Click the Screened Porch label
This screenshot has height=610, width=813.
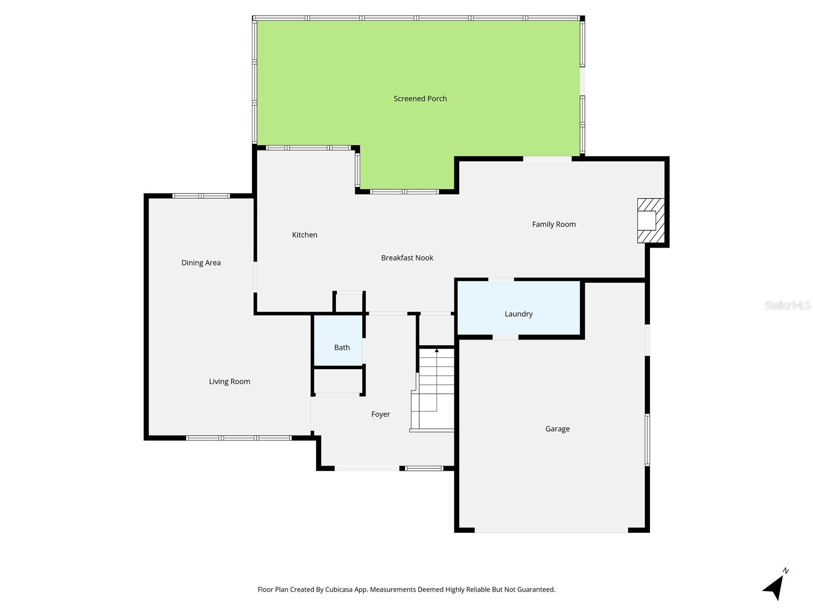click(x=420, y=99)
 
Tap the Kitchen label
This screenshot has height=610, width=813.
click(x=305, y=235)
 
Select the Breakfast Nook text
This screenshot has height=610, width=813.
click(x=407, y=258)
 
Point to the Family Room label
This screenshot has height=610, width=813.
click(x=554, y=224)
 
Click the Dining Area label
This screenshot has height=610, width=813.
click(x=201, y=263)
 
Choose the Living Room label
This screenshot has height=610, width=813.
click(x=230, y=382)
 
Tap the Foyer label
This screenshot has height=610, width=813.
click(x=381, y=414)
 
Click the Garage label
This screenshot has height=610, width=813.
click(x=557, y=429)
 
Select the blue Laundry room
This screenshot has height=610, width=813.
click(x=519, y=308)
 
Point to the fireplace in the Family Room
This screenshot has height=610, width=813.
click(x=650, y=220)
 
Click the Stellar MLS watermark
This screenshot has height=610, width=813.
click(x=788, y=306)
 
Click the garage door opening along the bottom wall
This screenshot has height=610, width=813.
click(x=551, y=530)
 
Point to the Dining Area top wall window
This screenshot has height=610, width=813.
click(x=201, y=196)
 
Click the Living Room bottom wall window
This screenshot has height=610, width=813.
click(x=239, y=438)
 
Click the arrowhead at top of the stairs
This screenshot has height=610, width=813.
click(x=436, y=351)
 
